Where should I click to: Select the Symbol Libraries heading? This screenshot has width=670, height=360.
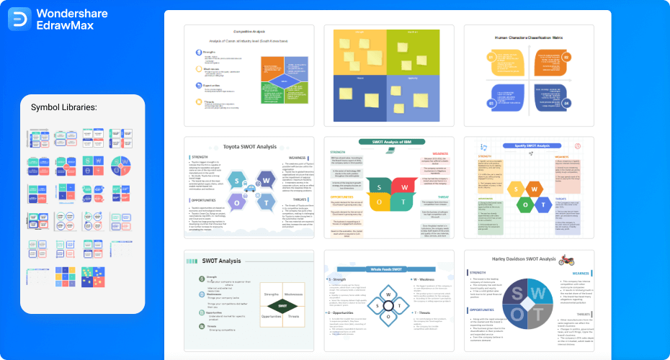pos(64,107)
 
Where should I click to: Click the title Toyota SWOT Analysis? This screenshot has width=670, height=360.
pos(249,146)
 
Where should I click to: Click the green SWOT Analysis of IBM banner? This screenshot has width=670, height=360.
pos(388,142)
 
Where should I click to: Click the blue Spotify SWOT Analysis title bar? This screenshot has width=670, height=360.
pos(529,145)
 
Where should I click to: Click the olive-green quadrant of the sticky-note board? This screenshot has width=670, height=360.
pos(421,52)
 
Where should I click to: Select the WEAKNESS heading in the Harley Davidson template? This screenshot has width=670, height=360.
pos(581,273)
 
